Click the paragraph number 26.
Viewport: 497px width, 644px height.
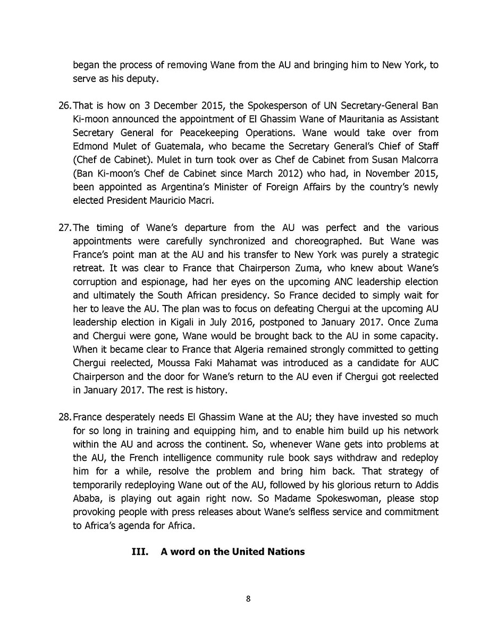tap(64, 105)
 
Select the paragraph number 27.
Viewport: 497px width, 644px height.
tap(64, 228)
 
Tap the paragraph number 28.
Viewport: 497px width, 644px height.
tap(64, 417)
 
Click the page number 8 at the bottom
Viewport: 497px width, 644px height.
tap(248, 599)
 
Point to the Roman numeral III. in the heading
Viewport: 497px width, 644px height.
tap(140, 552)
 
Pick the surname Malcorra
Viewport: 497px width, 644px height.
tap(418, 160)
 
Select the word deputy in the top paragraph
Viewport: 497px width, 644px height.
tap(144, 79)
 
